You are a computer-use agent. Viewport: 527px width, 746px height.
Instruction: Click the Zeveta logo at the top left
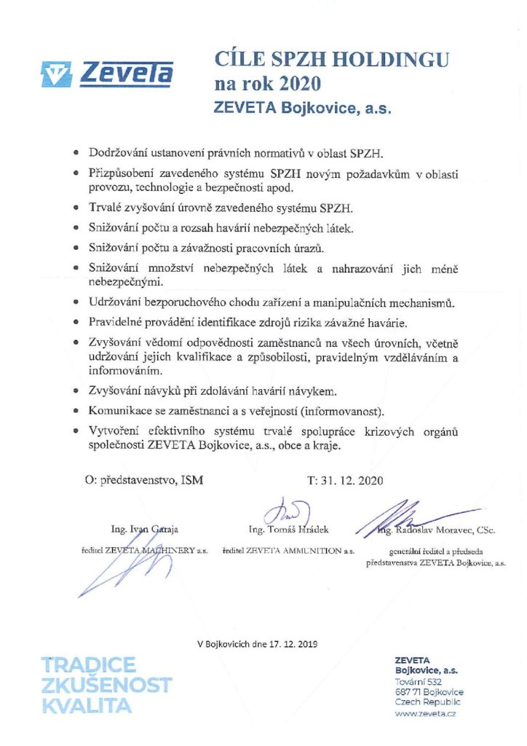[x=107, y=74]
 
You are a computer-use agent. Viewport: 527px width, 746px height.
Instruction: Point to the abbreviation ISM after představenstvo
[x=193, y=480]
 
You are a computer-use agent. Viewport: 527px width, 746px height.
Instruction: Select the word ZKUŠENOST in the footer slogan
[x=106, y=685]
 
